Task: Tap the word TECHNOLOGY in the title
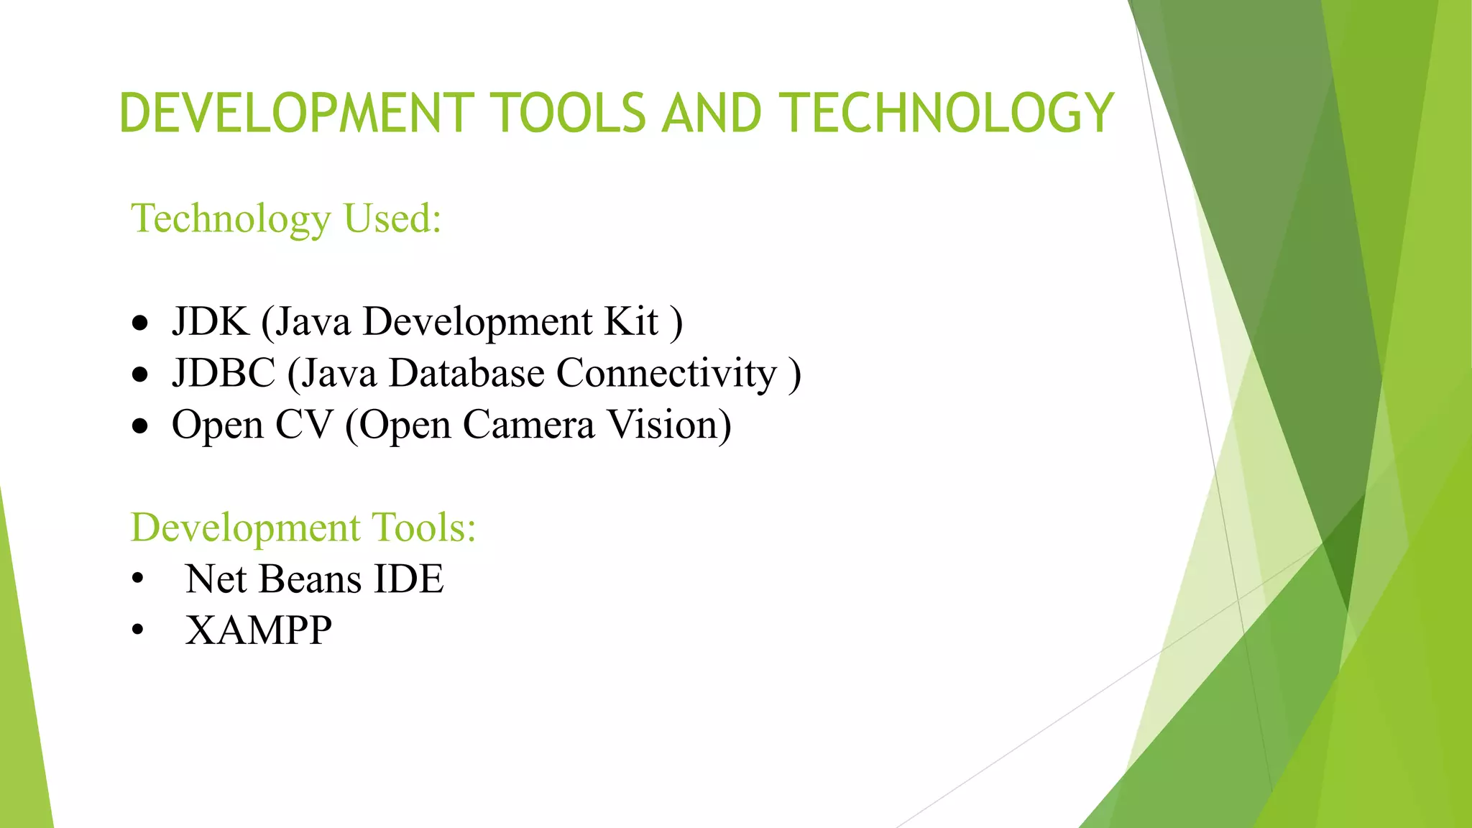pyautogui.click(x=947, y=114)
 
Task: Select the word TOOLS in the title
pyautogui.click(x=571, y=114)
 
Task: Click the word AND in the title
pyautogui.click(x=712, y=114)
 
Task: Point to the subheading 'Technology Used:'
pyautogui.click(x=285, y=218)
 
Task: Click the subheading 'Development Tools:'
pyautogui.click(x=303, y=527)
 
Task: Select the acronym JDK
pyautogui.click(x=210, y=321)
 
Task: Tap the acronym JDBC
pyautogui.click(x=224, y=373)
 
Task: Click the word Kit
pyautogui.click(x=631, y=321)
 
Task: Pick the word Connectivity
pyautogui.click(x=666, y=373)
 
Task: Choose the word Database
pyautogui.click(x=466, y=373)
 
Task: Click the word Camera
pyautogui.click(x=528, y=425)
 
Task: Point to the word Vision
pyautogui.click(x=669, y=425)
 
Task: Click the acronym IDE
pyautogui.click(x=409, y=579)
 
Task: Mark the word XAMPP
pyautogui.click(x=259, y=630)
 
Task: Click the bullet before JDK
pyautogui.click(x=140, y=323)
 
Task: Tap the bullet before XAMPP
pyautogui.click(x=138, y=631)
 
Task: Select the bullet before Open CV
pyautogui.click(x=140, y=427)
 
